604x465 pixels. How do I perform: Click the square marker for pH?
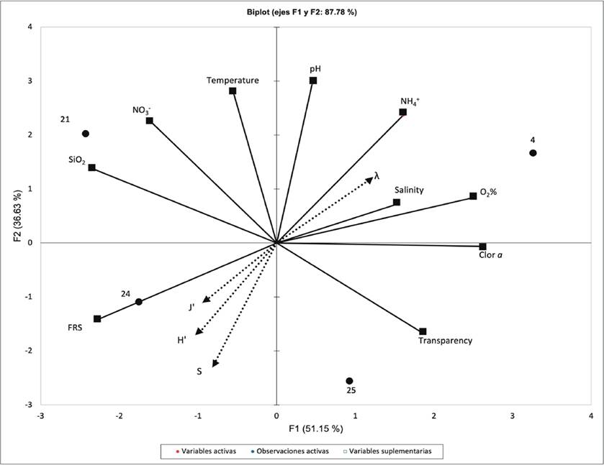coord(313,80)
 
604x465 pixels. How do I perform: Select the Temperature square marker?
coord(233,91)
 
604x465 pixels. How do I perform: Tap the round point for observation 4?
coord(533,153)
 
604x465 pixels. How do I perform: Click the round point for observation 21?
coord(86,134)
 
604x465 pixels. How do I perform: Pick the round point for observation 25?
coord(349,381)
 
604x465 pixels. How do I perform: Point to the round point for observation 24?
coord(139,302)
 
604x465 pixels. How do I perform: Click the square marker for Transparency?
coord(423,331)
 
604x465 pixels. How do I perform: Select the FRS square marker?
coord(97,319)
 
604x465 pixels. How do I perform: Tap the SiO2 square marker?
coord(92,167)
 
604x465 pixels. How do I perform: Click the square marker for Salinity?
coord(397,203)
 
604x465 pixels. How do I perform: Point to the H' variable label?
coord(182,340)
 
